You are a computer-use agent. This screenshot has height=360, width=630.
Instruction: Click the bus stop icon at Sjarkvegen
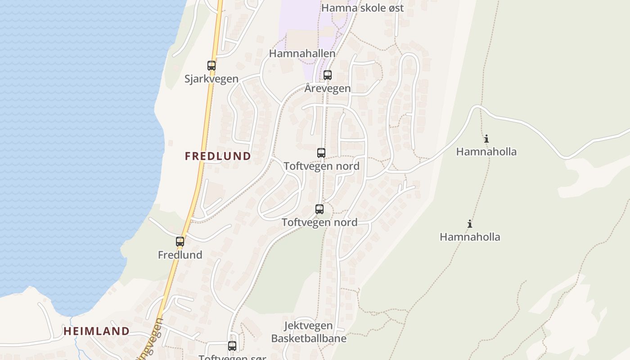(211, 65)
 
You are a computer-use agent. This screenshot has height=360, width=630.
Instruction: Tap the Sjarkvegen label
(211, 79)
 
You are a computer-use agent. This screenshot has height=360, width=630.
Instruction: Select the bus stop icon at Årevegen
(328, 75)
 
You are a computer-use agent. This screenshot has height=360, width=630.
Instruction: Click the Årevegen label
(328, 88)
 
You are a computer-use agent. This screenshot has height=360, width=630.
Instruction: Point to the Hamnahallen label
(302, 54)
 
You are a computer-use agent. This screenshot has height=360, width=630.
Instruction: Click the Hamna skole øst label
(362, 8)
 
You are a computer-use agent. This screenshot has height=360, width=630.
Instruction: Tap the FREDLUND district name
(218, 156)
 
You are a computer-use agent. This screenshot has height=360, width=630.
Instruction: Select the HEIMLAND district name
(96, 331)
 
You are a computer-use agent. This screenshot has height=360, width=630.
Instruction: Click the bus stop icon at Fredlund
(180, 242)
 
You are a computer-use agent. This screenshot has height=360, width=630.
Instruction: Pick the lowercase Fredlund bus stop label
(180, 255)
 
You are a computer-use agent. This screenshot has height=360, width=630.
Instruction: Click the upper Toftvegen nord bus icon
(321, 153)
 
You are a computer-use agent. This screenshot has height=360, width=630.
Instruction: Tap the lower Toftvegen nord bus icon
(319, 209)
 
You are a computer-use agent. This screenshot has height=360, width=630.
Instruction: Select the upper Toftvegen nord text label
(321, 166)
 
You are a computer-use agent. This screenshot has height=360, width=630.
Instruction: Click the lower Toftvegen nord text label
(319, 222)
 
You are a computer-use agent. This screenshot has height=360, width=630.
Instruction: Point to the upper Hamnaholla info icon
(486, 139)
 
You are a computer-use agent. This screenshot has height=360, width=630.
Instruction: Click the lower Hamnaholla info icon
(470, 224)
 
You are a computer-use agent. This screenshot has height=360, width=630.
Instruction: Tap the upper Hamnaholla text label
(486, 152)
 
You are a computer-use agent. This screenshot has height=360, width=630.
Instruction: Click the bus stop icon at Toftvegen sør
(232, 346)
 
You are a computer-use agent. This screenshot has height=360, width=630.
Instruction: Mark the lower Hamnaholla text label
(470, 237)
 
